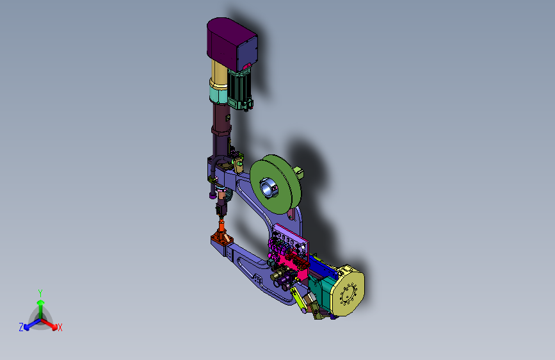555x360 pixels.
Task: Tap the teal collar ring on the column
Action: click(x=218, y=95)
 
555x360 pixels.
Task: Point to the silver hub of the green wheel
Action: click(x=268, y=188)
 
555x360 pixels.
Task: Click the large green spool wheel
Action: click(x=275, y=184)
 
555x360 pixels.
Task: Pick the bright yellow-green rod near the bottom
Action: click(x=299, y=299)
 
